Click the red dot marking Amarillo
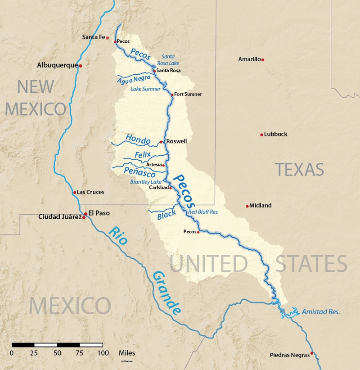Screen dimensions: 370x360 (x=263, y=59)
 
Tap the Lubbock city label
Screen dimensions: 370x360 (x=276, y=134)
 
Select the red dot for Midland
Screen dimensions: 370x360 (x=247, y=206)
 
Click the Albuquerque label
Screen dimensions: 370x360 (x=57, y=65)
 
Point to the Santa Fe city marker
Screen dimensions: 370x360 (x=108, y=38)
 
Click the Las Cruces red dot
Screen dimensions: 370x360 (x=75, y=193)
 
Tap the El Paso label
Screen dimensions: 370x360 (x=99, y=213)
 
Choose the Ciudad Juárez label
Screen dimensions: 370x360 (x=60, y=217)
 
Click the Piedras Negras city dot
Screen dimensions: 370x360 (x=312, y=353)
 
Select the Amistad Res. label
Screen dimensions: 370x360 (x=321, y=311)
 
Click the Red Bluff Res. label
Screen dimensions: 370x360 (x=203, y=212)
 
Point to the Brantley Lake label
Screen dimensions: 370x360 (x=146, y=182)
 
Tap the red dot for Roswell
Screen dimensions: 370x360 (x=161, y=142)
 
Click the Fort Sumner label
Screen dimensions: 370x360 (x=189, y=94)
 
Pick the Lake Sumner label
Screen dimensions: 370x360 (x=145, y=89)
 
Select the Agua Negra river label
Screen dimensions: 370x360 (x=133, y=79)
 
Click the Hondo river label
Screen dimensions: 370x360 (x=138, y=139)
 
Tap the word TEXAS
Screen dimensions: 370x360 (x=299, y=169)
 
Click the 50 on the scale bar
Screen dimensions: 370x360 (x=57, y=353)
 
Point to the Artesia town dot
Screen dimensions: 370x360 (x=163, y=165)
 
